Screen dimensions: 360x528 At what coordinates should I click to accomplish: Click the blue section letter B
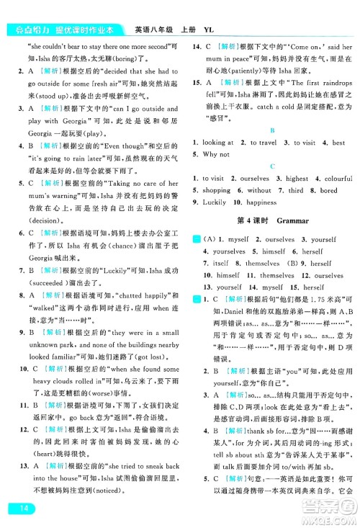[271, 130]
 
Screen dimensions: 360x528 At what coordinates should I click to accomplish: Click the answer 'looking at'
[219, 143]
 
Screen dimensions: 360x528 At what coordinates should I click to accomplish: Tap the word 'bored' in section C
[328, 190]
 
